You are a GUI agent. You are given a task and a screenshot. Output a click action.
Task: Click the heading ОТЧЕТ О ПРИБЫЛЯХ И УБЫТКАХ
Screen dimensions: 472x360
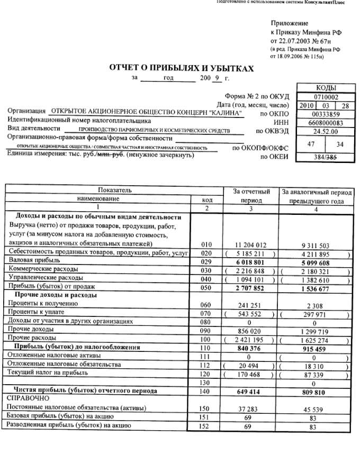(181, 68)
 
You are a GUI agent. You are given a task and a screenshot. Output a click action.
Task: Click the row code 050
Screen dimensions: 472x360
(207, 287)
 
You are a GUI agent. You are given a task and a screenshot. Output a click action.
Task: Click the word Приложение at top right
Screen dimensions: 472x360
(289, 23)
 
